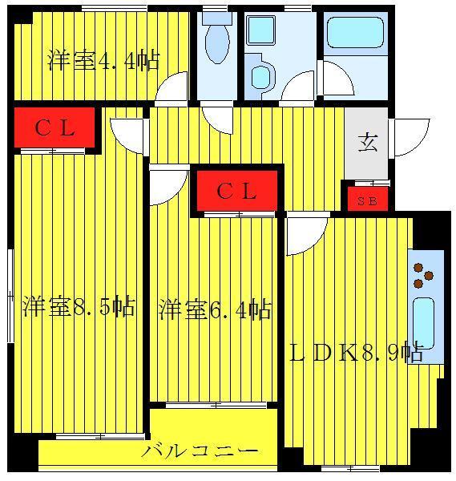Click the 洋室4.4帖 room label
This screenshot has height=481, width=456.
(x=103, y=61)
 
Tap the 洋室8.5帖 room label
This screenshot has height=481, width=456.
(x=79, y=306)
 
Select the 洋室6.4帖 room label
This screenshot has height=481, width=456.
(x=215, y=309)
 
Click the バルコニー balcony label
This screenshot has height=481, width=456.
(x=200, y=451)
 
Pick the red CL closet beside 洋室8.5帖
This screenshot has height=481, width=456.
(x=54, y=127)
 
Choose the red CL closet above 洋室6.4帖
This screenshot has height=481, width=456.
(x=236, y=191)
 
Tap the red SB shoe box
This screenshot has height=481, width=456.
(x=368, y=199)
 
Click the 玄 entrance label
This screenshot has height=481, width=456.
(x=367, y=143)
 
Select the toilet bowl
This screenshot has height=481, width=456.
(x=217, y=43)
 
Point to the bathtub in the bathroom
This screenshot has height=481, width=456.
(x=355, y=32)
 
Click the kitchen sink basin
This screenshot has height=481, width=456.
(x=423, y=323)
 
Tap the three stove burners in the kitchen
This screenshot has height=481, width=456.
(x=423, y=276)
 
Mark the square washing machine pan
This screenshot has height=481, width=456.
(x=260, y=30)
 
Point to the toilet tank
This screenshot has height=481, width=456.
(x=217, y=18)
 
